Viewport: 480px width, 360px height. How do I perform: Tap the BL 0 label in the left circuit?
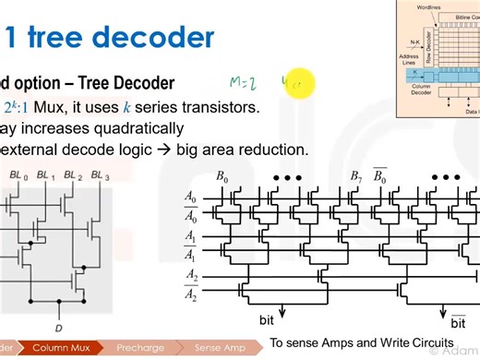(18, 174)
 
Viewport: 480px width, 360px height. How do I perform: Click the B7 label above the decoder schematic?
(355, 176)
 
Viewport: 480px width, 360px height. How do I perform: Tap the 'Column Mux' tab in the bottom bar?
(60, 348)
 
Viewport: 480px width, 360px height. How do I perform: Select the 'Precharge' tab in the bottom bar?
(140, 348)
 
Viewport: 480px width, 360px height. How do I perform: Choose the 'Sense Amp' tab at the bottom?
(219, 348)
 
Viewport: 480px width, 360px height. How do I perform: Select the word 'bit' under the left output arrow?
(266, 320)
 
